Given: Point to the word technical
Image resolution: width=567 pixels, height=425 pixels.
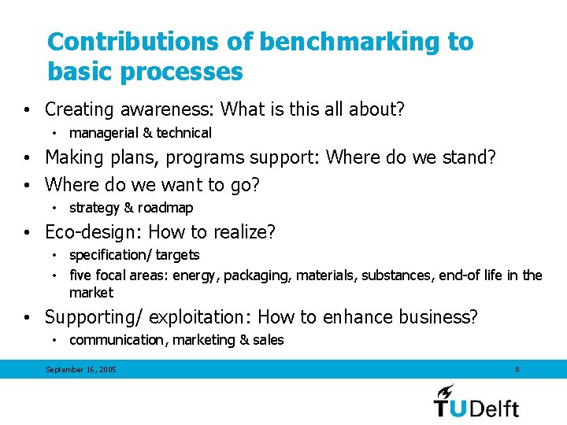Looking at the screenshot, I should point(183,133).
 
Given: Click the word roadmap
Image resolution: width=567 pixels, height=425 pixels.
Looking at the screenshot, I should point(167,208).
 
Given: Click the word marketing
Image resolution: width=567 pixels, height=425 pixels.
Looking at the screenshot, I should point(203,340).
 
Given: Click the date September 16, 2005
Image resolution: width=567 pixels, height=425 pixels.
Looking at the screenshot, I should point(81,370).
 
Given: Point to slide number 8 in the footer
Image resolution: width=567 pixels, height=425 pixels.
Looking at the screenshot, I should point(517,370).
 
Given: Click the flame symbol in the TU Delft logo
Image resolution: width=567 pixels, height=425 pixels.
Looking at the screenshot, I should point(446,391).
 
